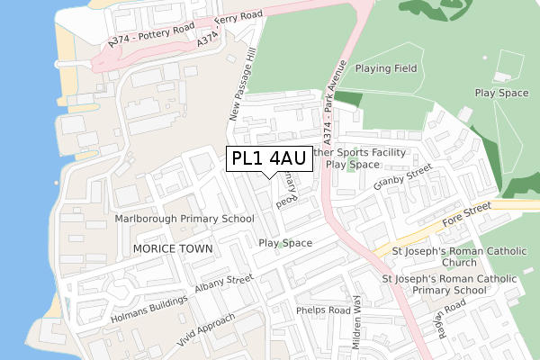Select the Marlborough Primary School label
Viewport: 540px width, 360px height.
184,219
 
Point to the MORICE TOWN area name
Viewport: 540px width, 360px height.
172,248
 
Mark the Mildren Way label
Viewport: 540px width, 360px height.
358,319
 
